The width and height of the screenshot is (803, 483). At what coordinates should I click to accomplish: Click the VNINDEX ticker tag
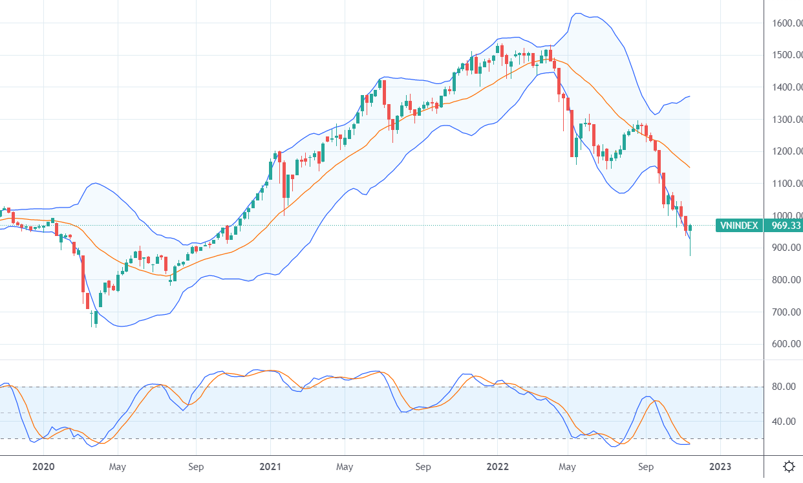pyautogui.click(x=740, y=226)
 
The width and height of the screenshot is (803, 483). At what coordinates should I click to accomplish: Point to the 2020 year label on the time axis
pyautogui.click(x=43, y=466)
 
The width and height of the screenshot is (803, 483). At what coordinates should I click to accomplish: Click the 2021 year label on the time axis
pyautogui.click(x=270, y=466)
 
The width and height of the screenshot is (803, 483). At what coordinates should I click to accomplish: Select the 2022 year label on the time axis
pyautogui.click(x=497, y=466)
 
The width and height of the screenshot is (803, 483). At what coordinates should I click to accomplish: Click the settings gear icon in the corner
pyautogui.click(x=789, y=466)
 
